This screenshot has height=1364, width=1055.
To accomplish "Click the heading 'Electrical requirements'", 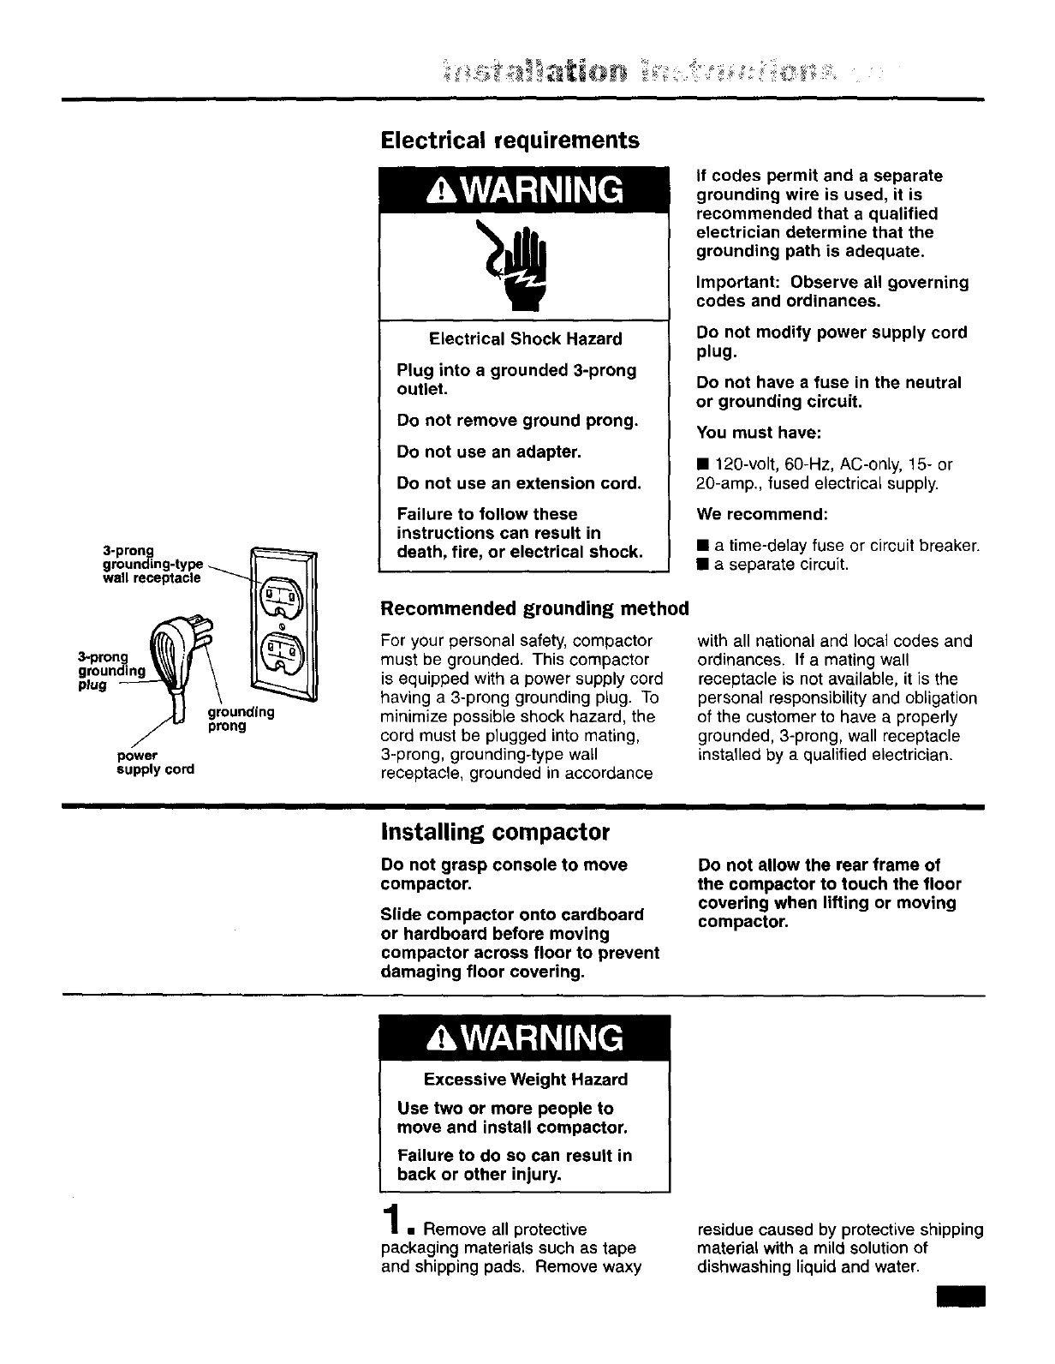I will tap(510, 140).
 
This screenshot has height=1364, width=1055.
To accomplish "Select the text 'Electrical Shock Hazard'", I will tap(525, 339).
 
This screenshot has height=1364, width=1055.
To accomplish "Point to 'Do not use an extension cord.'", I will tap(519, 483).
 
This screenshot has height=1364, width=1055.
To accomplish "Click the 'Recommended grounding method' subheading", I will tap(534, 608).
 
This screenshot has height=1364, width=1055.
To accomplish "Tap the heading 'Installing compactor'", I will tap(495, 832).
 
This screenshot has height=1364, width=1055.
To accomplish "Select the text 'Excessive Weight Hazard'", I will tap(525, 1080).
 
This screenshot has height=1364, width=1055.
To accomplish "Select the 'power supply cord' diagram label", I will tap(155, 762).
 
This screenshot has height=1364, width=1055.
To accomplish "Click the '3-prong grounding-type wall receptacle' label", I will tap(152, 564).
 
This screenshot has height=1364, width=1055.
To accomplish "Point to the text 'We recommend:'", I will tap(762, 515).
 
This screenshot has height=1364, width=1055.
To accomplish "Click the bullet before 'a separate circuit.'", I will tap(702, 565).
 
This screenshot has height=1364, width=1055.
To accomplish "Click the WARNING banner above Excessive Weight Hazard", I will tap(525, 1038).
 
